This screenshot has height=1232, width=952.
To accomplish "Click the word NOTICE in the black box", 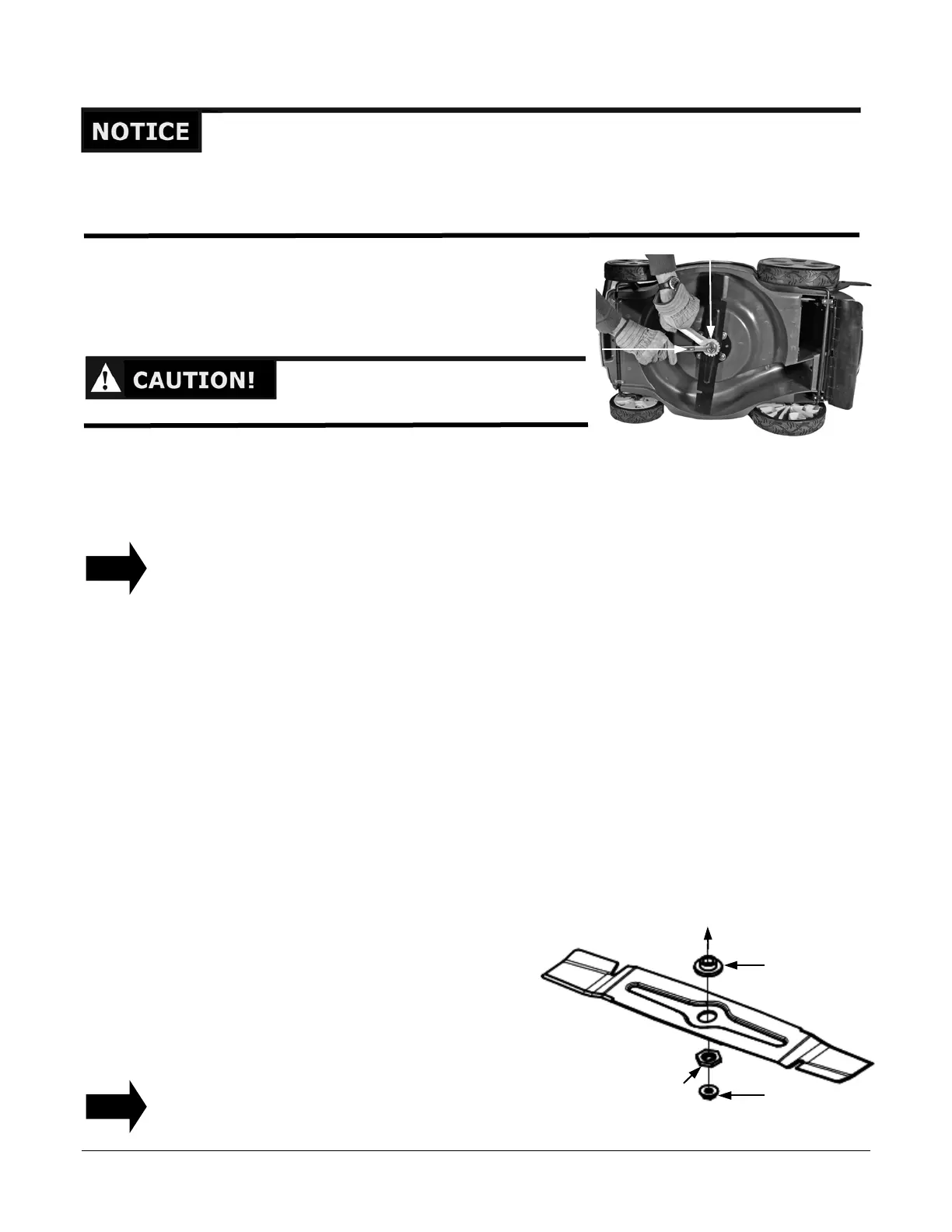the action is click(141, 131).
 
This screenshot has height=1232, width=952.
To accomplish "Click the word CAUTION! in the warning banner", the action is click(194, 380).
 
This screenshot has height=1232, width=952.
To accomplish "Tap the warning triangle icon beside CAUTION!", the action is click(105, 380).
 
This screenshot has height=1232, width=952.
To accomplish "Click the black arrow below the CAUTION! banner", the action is click(116, 568).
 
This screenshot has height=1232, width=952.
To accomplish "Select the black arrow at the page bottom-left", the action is click(116, 1106).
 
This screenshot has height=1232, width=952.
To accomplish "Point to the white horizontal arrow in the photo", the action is click(646, 350).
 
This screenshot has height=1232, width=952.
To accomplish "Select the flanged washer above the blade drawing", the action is click(708, 966).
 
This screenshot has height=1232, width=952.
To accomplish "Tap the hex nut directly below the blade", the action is click(708, 1058).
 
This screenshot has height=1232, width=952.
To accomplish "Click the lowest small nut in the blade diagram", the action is click(708, 1094).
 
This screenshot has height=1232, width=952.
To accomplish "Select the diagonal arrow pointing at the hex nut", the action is click(689, 1075).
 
